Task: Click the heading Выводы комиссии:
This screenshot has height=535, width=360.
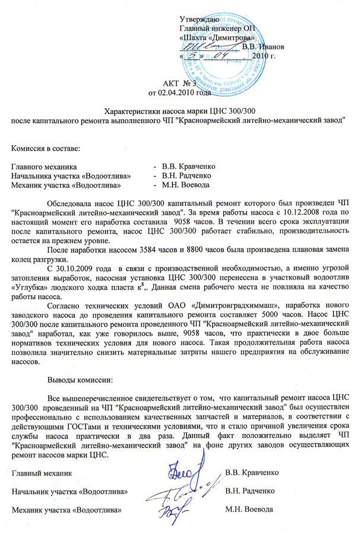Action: [80, 379]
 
